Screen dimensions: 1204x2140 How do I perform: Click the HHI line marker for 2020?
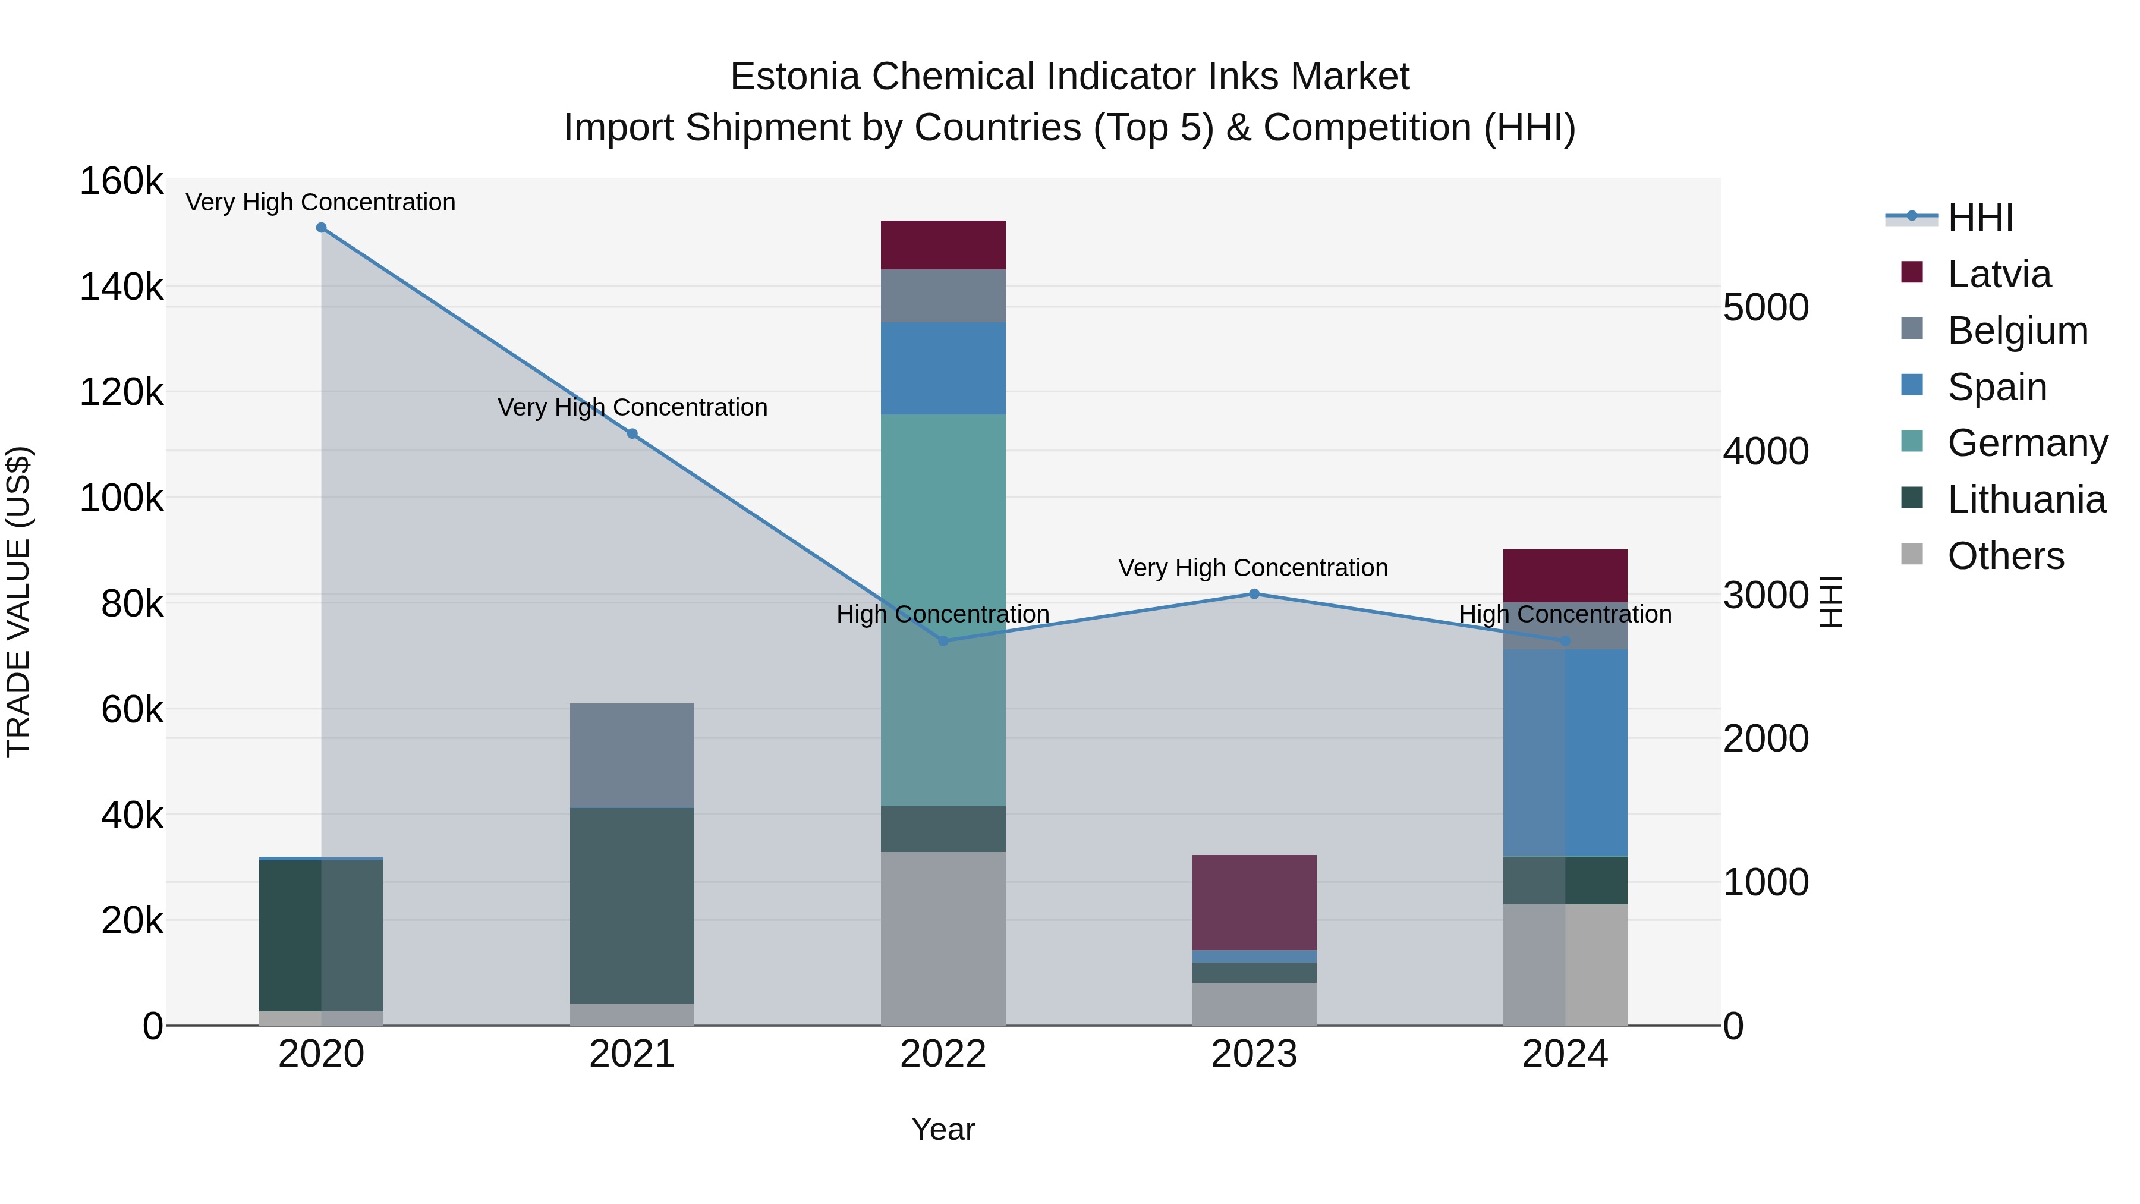(322, 228)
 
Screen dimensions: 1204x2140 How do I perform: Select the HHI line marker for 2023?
(1254, 594)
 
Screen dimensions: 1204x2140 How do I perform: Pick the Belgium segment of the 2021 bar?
(632, 755)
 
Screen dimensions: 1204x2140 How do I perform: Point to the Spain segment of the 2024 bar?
(1565, 753)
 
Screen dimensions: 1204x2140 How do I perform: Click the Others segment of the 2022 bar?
(943, 938)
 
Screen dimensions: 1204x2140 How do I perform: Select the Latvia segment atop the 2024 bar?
(1565, 575)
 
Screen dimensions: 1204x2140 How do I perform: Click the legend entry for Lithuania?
(2025, 499)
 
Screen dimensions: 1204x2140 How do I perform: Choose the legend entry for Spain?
(1996, 387)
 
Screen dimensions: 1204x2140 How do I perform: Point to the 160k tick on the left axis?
(121, 181)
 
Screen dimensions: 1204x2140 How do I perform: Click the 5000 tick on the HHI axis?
(1765, 307)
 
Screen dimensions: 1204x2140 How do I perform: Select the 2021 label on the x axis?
(632, 1054)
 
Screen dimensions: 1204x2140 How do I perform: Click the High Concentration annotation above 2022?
(943, 614)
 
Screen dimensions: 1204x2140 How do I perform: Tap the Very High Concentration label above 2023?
(1252, 568)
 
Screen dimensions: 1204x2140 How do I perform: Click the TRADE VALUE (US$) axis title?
(18, 602)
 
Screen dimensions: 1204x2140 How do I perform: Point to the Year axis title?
(943, 1129)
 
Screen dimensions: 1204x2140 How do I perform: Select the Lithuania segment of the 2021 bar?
(632, 905)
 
